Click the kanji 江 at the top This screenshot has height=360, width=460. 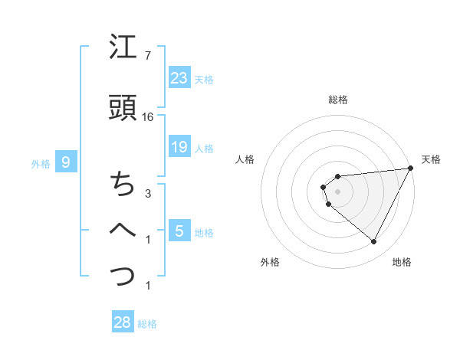pyautogui.click(x=123, y=50)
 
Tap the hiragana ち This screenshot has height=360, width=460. pyautogui.click(x=123, y=185)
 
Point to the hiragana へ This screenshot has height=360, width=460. pyautogui.click(x=123, y=228)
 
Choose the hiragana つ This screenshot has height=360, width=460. pyautogui.click(x=123, y=273)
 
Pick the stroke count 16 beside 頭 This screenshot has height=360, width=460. pyautogui.click(x=148, y=117)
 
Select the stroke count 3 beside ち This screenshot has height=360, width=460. pyautogui.click(x=147, y=194)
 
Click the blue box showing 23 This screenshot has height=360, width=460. pyautogui.click(x=179, y=77)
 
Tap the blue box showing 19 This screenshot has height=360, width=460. pyautogui.click(x=179, y=147)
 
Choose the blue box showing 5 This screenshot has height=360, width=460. pyautogui.click(x=179, y=231)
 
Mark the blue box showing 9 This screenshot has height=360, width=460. pyautogui.click(x=66, y=162)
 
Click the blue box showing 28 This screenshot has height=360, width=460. pyautogui.click(x=122, y=322)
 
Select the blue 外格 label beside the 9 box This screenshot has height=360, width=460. pyautogui.click(x=41, y=163)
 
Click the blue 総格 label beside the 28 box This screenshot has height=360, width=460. pyautogui.click(x=148, y=324)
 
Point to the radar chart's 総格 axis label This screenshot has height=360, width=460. pyautogui.click(x=338, y=100)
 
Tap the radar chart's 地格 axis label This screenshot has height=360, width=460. pyautogui.click(x=402, y=262)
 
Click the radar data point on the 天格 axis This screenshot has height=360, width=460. pyautogui.click(x=411, y=168)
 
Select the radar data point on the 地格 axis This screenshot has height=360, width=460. pyautogui.click(x=374, y=242)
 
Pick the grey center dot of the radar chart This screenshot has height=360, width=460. pyautogui.click(x=338, y=191)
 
